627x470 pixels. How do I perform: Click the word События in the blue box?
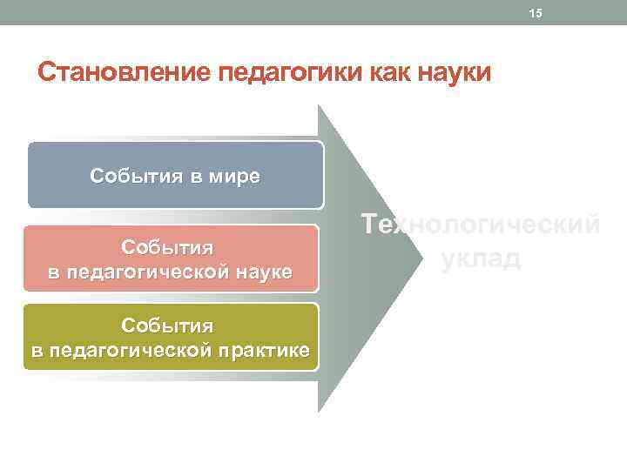131,177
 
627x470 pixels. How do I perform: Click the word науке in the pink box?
262,272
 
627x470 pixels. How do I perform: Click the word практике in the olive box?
266,351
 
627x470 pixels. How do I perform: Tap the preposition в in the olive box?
37,351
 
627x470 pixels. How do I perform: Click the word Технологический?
481,225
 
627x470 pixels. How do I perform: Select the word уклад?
481,258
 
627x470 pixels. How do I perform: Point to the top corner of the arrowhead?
319,106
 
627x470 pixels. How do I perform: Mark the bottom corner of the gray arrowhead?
319,411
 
